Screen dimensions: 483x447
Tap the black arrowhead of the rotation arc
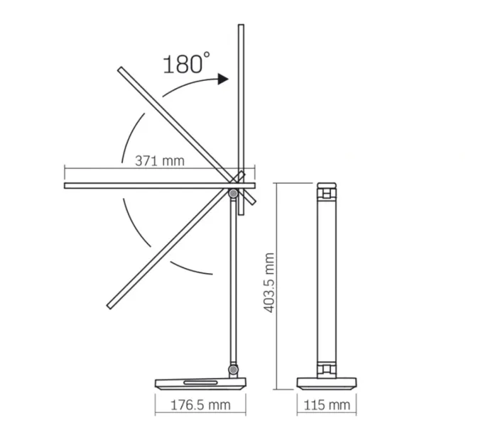coord(223,79)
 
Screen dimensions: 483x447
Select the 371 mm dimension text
coord(160,161)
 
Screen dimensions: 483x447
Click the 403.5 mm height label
coord(269,282)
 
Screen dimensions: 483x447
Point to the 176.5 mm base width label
coord(200,405)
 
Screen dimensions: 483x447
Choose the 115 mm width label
coord(327,405)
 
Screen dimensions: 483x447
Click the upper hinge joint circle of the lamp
coord(233,194)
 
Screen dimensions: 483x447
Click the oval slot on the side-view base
coord(200,382)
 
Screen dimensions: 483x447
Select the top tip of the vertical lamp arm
coord(241,25)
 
